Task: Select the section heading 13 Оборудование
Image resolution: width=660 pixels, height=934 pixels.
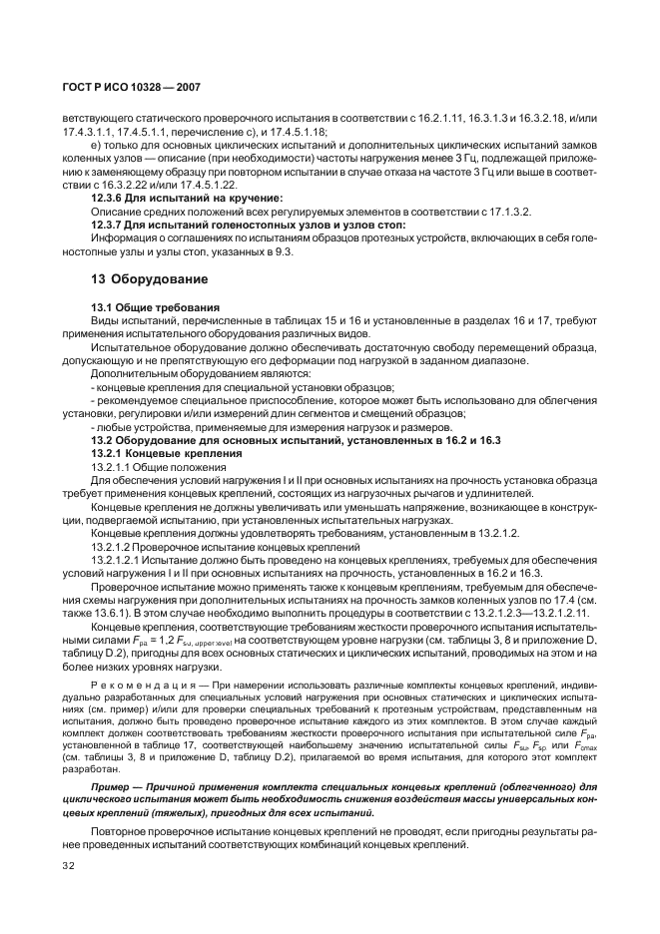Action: click(x=135, y=278)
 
